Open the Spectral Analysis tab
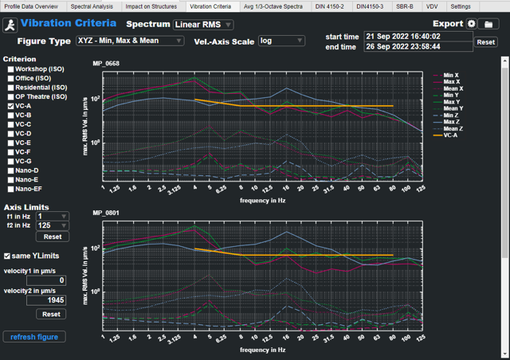[92, 6]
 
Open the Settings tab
[461, 6]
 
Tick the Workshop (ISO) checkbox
[10, 69]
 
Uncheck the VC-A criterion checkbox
[10, 106]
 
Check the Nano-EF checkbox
[10, 189]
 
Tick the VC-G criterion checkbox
[10, 161]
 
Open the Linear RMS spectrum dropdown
[203, 25]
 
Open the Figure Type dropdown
[130, 41]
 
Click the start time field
[418, 37]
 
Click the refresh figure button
[33, 337]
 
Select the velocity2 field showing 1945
[46, 300]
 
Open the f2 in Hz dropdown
[52, 227]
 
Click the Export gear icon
[471, 25]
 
